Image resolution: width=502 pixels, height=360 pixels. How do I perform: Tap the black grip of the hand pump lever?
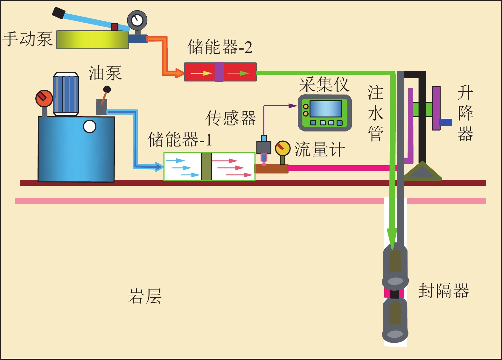pyautogui.click(x=59, y=13)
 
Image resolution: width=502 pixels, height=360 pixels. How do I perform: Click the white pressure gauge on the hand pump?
pyautogui.click(x=137, y=20)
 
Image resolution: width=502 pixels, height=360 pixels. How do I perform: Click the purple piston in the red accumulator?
pyautogui.click(x=219, y=72)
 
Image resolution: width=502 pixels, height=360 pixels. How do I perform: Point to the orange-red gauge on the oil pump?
pyautogui.click(x=44, y=98)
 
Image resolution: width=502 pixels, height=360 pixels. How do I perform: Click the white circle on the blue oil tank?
pyautogui.click(x=89, y=127)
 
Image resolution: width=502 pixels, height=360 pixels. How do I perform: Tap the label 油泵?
pyautogui.click(x=105, y=74)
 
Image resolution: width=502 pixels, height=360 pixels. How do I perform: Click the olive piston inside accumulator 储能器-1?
pyautogui.click(x=206, y=166)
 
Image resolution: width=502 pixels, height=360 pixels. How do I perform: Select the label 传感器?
pyautogui.click(x=231, y=118)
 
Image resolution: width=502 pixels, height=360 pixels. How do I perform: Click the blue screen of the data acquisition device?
pyautogui.click(x=325, y=109)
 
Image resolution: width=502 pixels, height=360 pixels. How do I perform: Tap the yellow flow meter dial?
pyautogui.click(x=282, y=148)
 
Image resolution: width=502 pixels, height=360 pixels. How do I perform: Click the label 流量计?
pyautogui.click(x=319, y=150)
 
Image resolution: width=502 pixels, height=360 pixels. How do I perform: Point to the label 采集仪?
pyautogui.click(x=324, y=85)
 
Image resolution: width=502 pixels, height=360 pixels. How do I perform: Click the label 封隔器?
pyautogui.click(x=443, y=291)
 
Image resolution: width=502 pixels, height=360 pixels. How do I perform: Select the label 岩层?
pyautogui.click(x=145, y=296)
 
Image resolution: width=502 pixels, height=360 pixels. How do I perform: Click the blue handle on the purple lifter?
pyautogui.click(x=446, y=122)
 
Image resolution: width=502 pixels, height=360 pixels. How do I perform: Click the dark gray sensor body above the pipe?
pyautogui.click(x=264, y=147)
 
